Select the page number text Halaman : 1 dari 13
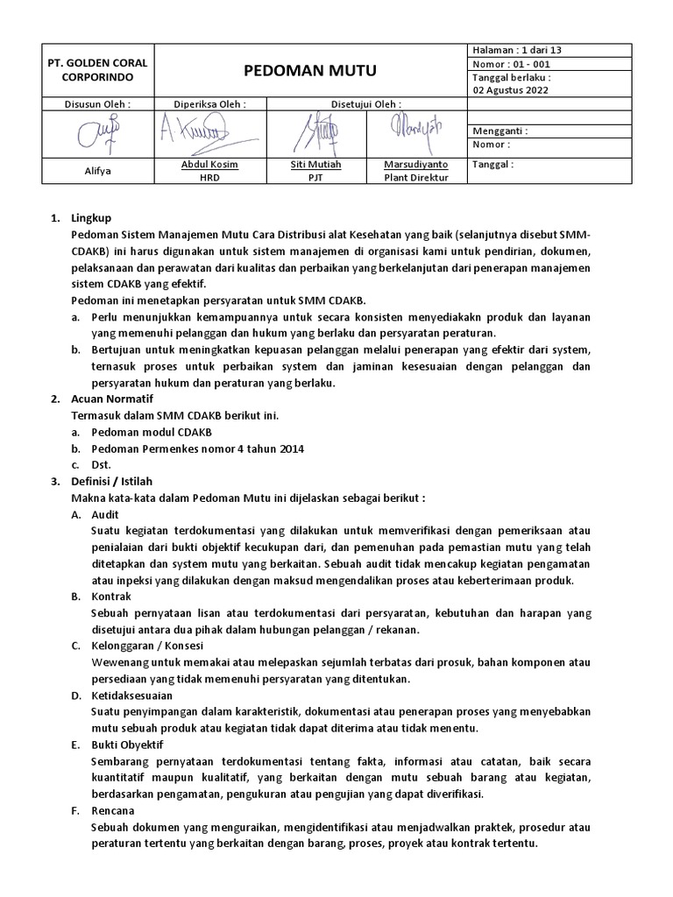click(517, 50)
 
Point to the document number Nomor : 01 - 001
click(512, 64)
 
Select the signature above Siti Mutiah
click(315, 133)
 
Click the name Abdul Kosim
click(209, 165)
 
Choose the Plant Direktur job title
click(416, 178)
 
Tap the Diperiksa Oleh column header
click(209, 104)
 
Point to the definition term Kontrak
click(110, 596)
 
